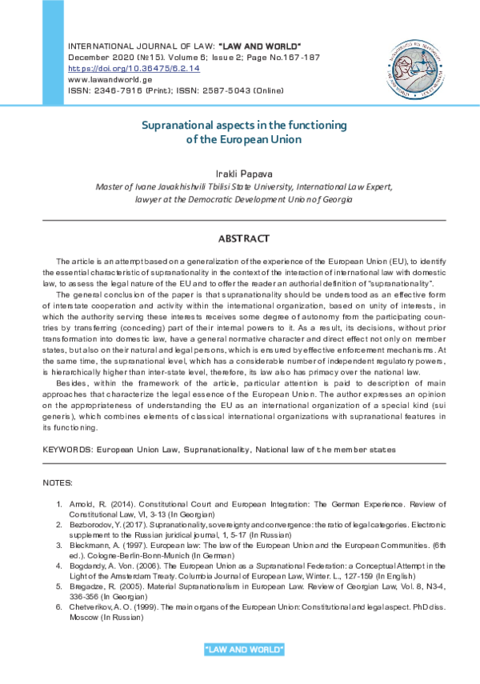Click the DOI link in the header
pyautogui.click(x=134, y=69)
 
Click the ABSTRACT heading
pyautogui.click(x=244, y=239)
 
